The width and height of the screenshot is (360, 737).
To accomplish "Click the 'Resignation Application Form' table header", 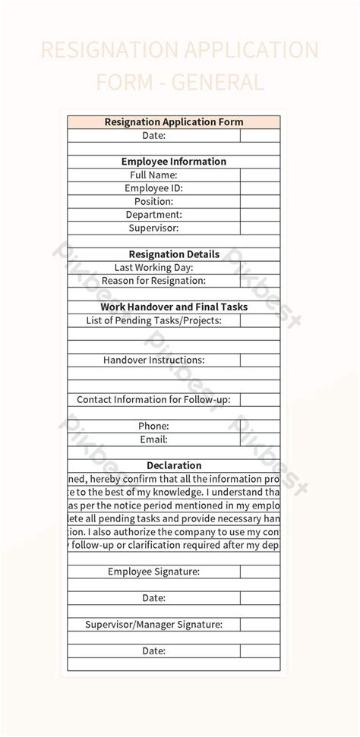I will click(174, 121).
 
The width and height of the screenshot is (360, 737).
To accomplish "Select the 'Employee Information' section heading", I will click(174, 162).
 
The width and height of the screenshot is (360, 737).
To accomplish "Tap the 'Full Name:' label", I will click(153, 175).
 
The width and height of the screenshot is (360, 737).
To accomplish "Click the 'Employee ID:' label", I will click(153, 188).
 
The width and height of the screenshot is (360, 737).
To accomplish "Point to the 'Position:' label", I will click(153, 201).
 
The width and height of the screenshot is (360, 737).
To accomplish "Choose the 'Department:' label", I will click(153, 215).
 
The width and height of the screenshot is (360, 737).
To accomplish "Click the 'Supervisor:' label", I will click(153, 228).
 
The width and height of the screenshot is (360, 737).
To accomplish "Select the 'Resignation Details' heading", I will click(174, 254).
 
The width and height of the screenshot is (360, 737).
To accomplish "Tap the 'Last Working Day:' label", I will click(153, 267).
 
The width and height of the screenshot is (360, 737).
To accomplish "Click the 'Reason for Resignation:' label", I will click(153, 281).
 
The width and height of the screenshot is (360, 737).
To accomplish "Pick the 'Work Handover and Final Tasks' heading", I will click(174, 307).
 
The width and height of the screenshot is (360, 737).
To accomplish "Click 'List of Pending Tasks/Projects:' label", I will click(153, 320).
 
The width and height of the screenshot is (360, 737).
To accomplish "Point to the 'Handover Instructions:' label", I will click(153, 360).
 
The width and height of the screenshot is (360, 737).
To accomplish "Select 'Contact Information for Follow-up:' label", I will click(153, 399).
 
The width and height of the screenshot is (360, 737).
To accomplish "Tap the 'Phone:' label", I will click(153, 426).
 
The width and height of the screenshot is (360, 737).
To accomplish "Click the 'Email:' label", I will click(153, 439).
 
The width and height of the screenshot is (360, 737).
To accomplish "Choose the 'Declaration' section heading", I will click(174, 465).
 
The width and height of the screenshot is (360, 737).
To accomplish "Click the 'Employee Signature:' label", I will click(153, 572).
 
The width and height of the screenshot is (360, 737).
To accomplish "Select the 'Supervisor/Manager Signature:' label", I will click(153, 624).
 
